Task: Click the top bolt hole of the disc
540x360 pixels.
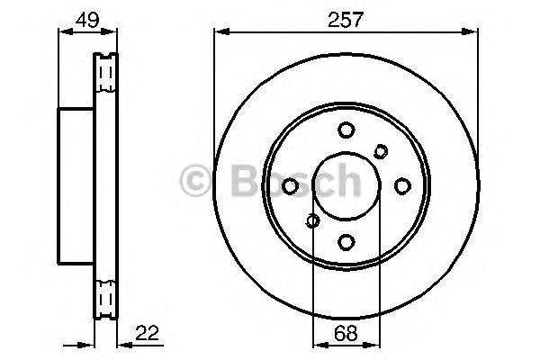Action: (x=346, y=130)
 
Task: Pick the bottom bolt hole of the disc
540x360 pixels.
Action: (x=346, y=240)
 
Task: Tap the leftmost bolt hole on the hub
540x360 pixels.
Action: (x=291, y=185)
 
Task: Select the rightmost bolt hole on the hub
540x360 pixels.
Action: (x=401, y=185)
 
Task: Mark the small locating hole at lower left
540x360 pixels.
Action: (x=312, y=220)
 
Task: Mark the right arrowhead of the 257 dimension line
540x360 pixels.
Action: (x=474, y=33)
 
